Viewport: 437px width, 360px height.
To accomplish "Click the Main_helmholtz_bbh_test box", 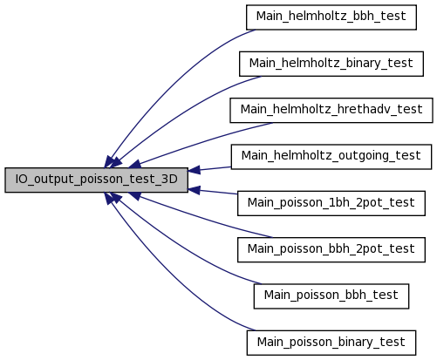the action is pos(331,17).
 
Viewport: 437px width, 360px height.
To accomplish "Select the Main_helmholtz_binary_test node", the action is pos(331,64).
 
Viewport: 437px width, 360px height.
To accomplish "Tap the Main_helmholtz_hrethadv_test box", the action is pos(331,111).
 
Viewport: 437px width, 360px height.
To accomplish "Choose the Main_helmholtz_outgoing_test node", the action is pos(331,157).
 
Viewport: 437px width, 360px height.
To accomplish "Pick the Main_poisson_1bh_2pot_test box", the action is pos(331,203).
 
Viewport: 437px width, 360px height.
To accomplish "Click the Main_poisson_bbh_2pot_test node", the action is pos(331,249).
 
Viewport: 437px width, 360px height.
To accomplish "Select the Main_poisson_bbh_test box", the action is pos(331,296).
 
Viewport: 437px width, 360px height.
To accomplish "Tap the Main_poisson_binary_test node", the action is pos(331,343).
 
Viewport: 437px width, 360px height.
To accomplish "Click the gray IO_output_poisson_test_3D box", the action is pos(96,180).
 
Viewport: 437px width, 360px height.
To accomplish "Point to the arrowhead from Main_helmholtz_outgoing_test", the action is pos(195,170).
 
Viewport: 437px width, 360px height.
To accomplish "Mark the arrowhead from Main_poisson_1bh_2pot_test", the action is pos(195,190).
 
